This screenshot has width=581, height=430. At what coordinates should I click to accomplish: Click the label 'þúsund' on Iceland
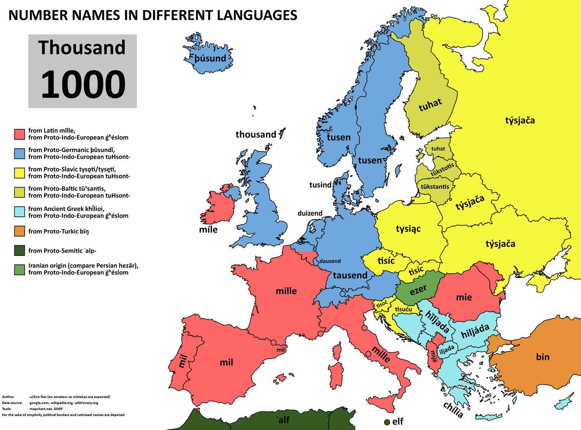210,58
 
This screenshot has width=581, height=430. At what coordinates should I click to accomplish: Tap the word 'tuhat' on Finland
430,105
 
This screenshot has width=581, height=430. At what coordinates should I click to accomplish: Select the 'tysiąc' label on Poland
408,229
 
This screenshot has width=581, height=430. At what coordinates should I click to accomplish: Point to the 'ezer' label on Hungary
418,290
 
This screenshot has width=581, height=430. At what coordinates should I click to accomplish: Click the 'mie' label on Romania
464,297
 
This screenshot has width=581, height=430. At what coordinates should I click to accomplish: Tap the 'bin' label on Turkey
543,356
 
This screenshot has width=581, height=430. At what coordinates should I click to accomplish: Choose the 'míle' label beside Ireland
208,230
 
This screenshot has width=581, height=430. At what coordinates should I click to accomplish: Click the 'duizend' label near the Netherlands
310,213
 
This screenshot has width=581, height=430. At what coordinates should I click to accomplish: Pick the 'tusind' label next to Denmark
320,185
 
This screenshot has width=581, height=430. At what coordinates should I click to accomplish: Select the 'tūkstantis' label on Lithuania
435,187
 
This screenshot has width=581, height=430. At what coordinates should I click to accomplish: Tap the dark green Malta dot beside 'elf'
387,422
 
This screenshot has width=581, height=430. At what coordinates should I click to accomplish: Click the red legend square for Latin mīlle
20,134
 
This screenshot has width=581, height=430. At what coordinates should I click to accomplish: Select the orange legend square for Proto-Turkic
20,231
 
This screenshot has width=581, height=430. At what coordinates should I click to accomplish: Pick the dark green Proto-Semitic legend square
20,250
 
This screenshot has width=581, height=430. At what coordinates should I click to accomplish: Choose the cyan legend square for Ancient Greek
20,212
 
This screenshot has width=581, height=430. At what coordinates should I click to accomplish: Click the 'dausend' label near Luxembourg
330,261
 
